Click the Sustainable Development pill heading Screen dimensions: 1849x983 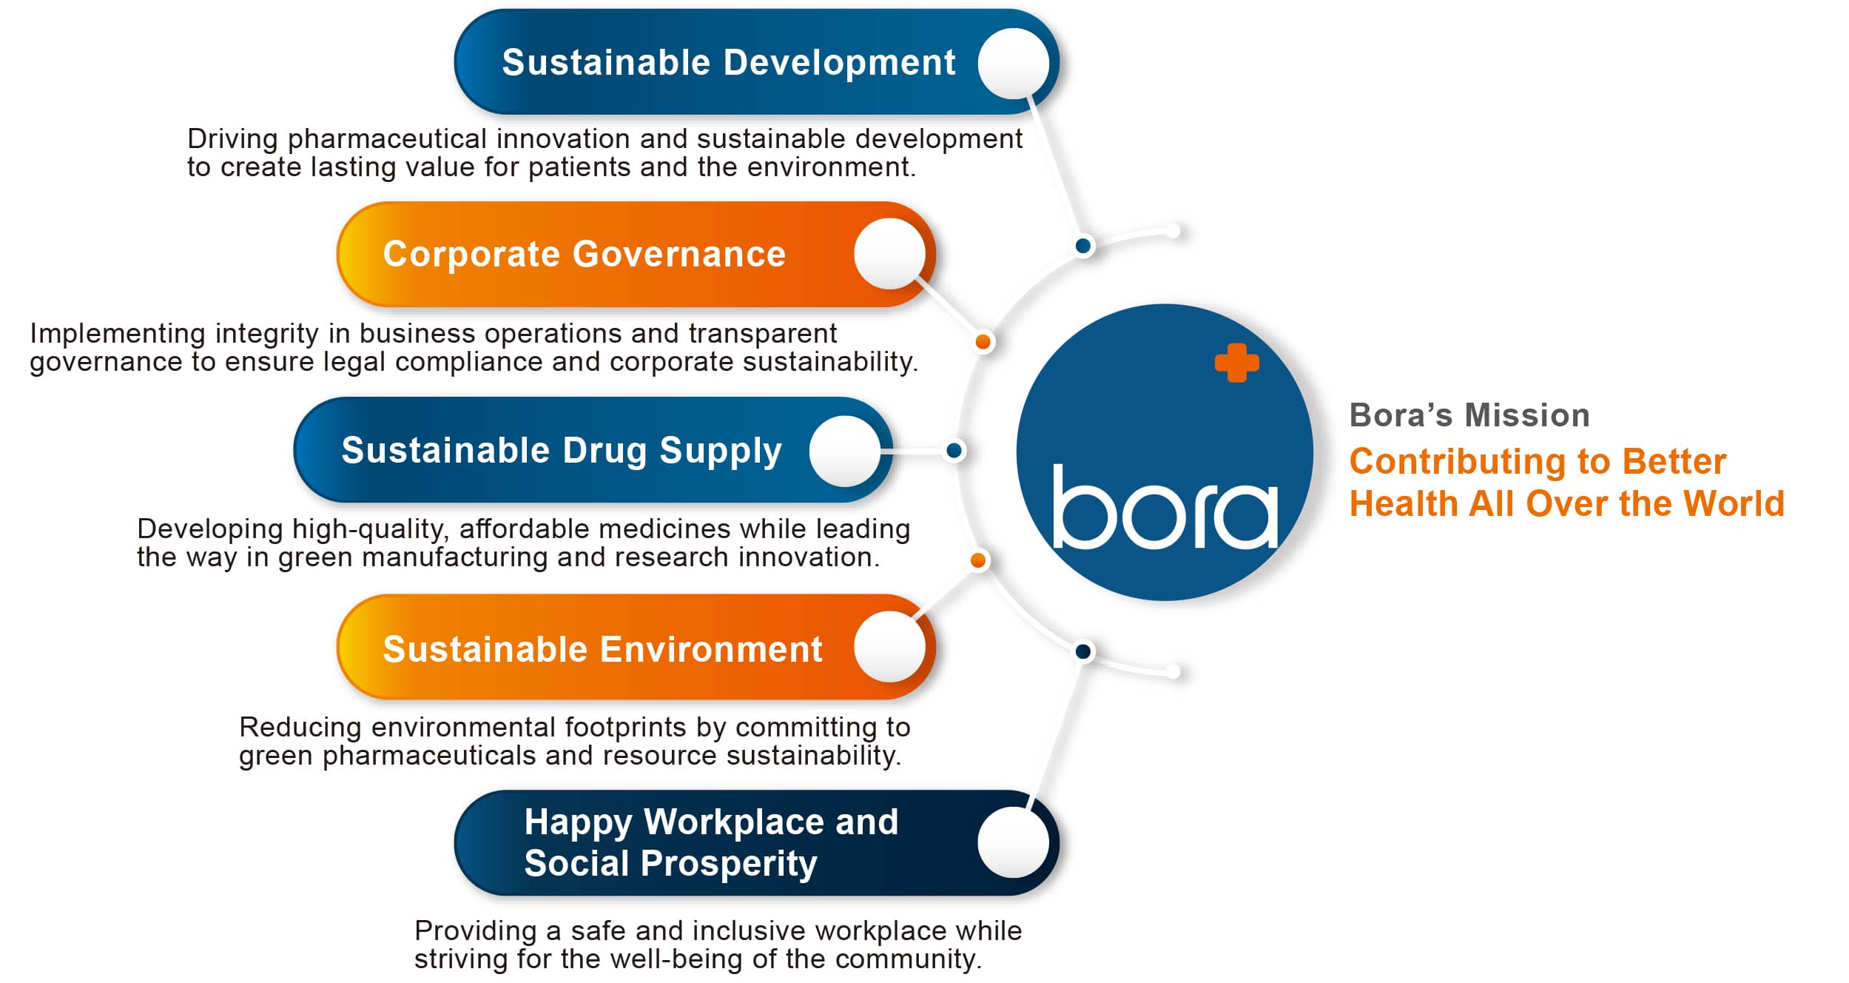(x=729, y=63)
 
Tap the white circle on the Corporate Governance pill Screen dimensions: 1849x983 (x=889, y=254)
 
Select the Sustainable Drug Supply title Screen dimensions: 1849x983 (x=562, y=451)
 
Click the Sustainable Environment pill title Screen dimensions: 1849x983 (x=602, y=649)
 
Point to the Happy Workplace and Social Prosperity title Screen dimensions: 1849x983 (x=711, y=842)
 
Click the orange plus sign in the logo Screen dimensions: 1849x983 (x=1236, y=363)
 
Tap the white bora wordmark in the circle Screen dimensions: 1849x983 (x=1165, y=507)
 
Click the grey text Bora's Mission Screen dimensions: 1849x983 (x=1469, y=415)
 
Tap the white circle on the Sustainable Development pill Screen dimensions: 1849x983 (x=1013, y=64)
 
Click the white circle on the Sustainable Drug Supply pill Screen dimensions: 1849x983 (x=845, y=451)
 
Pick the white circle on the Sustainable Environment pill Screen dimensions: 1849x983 (x=889, y=647)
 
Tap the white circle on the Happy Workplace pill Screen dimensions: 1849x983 (x=1013, y=842)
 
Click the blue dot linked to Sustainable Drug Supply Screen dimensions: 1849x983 (x=954, y=450)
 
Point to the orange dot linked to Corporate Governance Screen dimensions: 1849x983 (x=983, y=341)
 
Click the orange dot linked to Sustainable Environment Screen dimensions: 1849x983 (x=978, y=560)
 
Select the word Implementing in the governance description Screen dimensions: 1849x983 (x=117, y=335)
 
